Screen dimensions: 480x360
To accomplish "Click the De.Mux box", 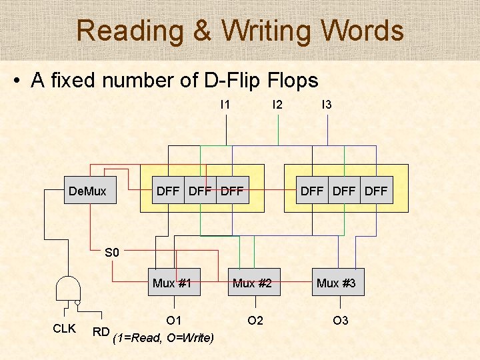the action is (x=87, y=191).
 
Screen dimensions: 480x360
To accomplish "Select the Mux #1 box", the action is (x=172, y=283).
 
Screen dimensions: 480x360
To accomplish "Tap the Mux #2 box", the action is (x=252, y=283).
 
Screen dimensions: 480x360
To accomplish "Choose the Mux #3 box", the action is (x=336, y=283).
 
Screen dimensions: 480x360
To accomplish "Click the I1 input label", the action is (x=225, y=105).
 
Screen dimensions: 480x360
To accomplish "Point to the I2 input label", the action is (x=277, y=105).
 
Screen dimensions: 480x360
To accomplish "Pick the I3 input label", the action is (x=327, y=105).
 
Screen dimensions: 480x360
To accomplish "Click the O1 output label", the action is (x=174, y=321).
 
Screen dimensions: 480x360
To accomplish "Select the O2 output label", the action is (x=255, y=321).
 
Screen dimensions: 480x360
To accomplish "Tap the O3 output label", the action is (x=340, y=321).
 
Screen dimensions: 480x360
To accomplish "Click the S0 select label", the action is (x=111, y=253).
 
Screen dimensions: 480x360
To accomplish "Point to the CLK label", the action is (x=64, y=329).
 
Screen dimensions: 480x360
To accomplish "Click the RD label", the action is (x=101, y=331).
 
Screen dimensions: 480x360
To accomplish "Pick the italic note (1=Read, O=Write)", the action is (x=163, y=338).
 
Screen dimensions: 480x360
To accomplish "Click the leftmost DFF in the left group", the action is (x=167, y=191).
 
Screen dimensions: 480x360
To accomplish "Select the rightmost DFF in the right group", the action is (x=377, y=191).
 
